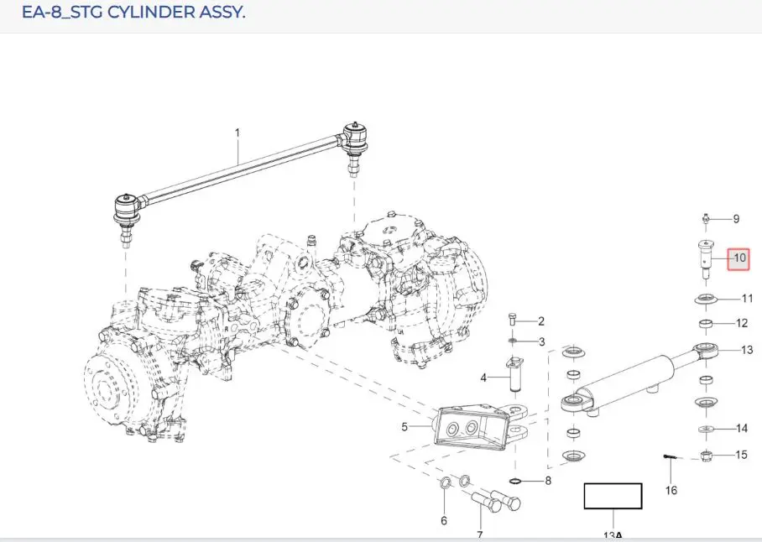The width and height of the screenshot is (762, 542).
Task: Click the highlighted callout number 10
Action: click(739, 258)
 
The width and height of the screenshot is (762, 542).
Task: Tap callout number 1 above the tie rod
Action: click(237, 133)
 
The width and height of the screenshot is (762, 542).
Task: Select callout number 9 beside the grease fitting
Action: click(736, 219)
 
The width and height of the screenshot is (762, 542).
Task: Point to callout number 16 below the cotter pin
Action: click(671, 490)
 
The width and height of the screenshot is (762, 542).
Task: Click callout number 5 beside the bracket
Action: click(404, 427)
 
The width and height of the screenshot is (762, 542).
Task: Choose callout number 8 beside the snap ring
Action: click(548, 481)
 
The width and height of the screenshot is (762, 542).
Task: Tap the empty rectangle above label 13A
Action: click(613, 496)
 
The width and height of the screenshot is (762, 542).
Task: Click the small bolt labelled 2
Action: click(512, 320)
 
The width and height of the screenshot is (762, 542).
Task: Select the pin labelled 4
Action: click(514, 374)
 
